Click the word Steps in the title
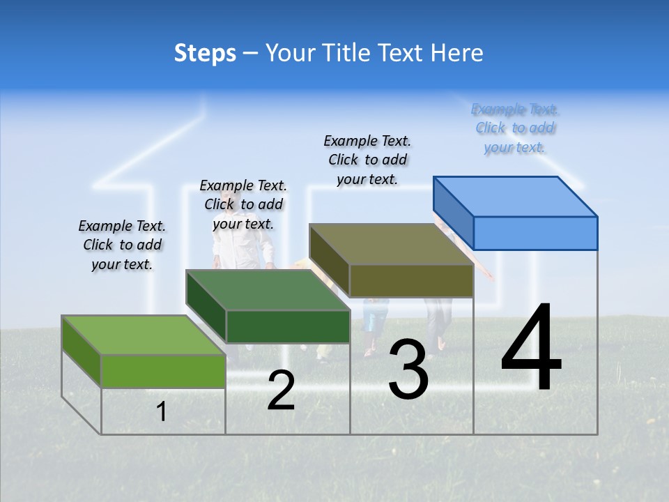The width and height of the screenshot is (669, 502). point(205,53)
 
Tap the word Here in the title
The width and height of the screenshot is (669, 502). point(456,53)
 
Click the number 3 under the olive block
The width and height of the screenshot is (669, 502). point(408,370)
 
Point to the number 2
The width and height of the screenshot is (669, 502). point(281,390)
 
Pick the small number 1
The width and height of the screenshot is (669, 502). point(161,411)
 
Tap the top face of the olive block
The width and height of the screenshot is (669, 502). point(392,244)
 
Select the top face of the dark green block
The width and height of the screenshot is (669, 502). point(268,290)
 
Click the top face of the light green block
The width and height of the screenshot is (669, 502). point(144,335)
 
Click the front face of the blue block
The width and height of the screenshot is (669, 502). point(535,233)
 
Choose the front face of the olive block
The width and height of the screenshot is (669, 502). point(411,281)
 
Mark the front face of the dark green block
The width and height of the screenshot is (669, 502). point(288,326)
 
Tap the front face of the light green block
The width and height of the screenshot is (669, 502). point(163,371)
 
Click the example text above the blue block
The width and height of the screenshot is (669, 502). point(515,128)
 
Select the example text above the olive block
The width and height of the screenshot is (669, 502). point(367,160)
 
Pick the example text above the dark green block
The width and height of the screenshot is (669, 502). point(243,204)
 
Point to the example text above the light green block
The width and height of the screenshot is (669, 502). point(122,245)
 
